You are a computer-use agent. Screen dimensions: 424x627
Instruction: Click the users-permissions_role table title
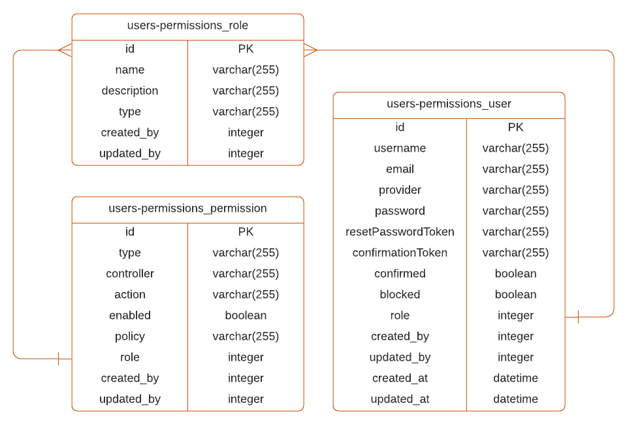(187, 25)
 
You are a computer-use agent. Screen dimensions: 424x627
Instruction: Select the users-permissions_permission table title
(187, 208)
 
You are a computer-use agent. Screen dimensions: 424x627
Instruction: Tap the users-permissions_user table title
(449, 104)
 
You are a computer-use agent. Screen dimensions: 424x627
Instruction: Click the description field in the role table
(130, 91)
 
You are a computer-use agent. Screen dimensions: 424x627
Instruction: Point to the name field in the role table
(130, 70)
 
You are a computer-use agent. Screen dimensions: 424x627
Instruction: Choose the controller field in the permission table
(130, 274)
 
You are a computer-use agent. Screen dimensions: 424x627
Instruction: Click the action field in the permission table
(130, 295)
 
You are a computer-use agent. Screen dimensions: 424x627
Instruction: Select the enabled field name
(130, 316)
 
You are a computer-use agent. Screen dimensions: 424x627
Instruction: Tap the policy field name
(130, 336)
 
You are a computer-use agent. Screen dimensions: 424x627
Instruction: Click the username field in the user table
(400, 148)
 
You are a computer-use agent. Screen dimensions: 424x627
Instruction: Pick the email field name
(400, 169)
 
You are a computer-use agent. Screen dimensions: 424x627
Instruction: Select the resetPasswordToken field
(400, 232)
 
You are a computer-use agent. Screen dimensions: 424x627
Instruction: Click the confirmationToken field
(400, 253)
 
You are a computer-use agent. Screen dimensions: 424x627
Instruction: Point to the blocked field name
(400, 295)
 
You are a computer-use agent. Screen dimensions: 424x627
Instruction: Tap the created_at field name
(400, 378)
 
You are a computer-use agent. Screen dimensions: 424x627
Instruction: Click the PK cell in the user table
(515, 127)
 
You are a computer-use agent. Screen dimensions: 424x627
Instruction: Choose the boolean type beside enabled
(246, 316)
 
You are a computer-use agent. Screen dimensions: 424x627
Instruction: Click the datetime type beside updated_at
(515, 399)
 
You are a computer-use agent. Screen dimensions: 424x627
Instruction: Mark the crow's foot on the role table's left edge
(65, 50)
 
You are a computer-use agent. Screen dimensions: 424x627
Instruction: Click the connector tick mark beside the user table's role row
(578, 317)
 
